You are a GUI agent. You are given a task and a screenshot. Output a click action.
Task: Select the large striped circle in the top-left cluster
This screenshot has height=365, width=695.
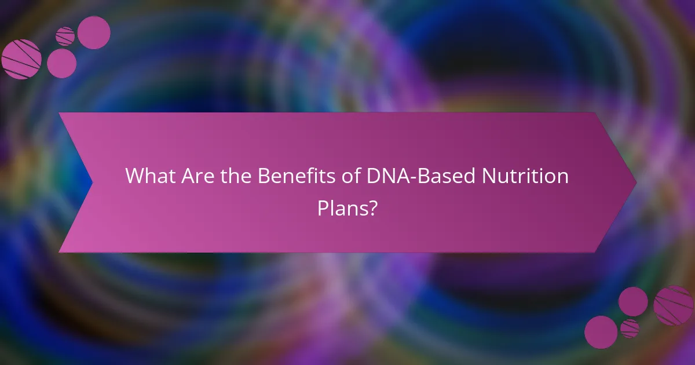click(x=21, y=59)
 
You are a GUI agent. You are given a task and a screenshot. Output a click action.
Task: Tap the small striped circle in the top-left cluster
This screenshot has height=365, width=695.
click(x=65, y=36)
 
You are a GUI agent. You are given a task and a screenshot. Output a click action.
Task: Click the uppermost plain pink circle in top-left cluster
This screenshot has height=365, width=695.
click(x=94, y=32)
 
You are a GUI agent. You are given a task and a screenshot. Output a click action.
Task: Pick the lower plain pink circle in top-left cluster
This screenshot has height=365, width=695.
click(x=61, y=63)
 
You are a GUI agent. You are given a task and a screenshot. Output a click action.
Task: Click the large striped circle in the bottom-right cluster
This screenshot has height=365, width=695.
click(x=673, y=305)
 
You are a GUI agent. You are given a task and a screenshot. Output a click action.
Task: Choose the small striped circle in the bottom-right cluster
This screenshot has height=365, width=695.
click(x=630, y=329)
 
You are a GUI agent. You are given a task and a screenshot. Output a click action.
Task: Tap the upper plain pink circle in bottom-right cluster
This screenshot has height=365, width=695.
click(x=633, y=301)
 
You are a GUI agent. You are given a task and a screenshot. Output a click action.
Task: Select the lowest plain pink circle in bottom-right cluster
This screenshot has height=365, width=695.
click(x=601, y=332)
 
